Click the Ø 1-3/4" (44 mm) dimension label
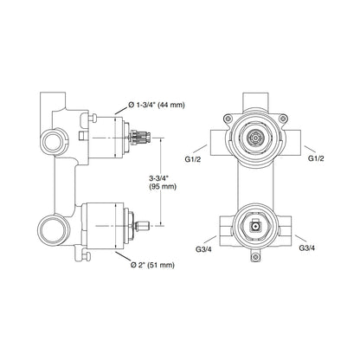tap(156, 106)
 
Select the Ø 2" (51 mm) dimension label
tap(152, 265)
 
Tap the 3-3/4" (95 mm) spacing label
tap(163, 183)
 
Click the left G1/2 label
tap(193, 158)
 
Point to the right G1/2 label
tap(317, 158)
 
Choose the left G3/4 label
tap(203, 249)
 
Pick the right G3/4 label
tap(306, 247)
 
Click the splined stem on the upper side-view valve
tap(140, 138)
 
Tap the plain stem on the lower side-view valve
tap(142, 226)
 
